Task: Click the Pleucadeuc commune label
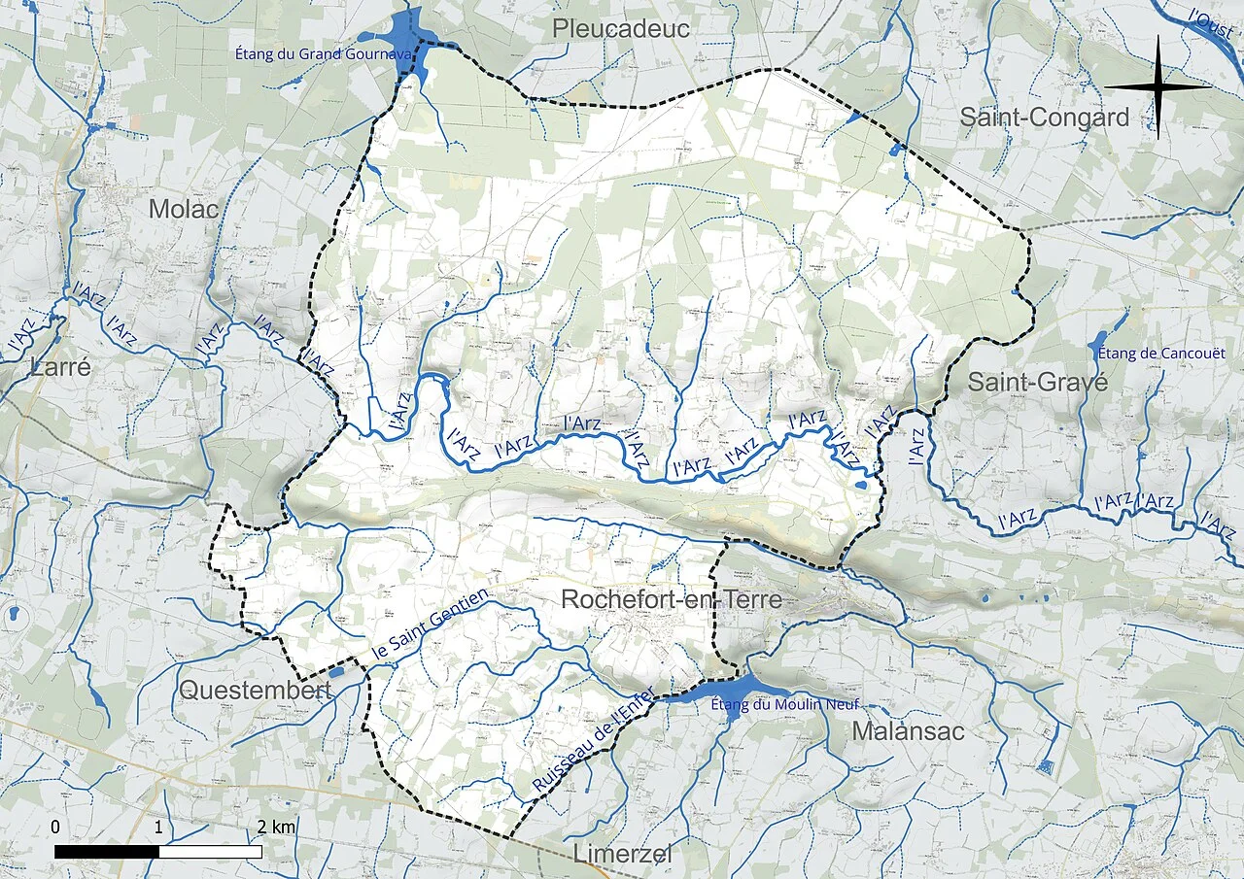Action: (x=621, y=29)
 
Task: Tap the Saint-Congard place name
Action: (x=1045, y=118)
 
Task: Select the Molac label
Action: (x=184, y=209)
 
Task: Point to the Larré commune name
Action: (x=60, y=367)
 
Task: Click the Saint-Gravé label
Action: (x=1037, y=383)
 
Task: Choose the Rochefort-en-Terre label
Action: (x=672, y=599)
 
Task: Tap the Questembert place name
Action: (x=255, y=691)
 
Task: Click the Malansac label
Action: (x=909, y=731)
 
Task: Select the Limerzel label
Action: (x=622, y=854)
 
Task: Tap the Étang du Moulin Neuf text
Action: (x=785, y=705)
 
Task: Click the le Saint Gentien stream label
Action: (x=432, y=625)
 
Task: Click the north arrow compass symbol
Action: (x=1158, y=86)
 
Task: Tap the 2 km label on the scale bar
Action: (x=277, y=828)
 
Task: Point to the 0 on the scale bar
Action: (x=55, y=828)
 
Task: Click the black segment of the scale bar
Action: (x=107, y=851)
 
